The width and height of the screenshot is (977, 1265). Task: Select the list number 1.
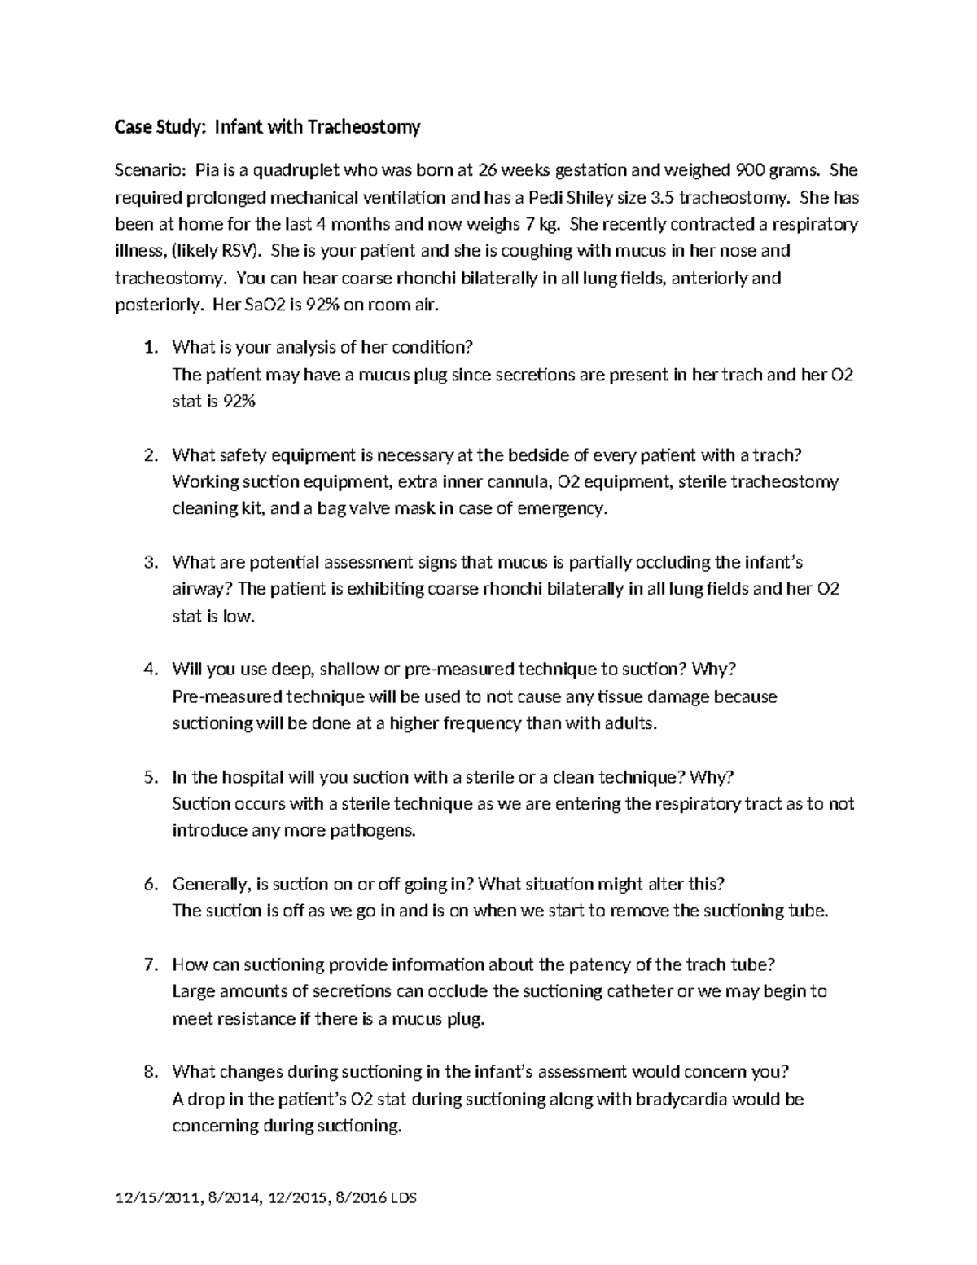[149, 348]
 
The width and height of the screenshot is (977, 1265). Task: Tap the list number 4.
[149, 670]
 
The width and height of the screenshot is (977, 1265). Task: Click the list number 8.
[149, 1072]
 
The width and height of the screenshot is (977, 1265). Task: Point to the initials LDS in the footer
[402, 1199]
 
